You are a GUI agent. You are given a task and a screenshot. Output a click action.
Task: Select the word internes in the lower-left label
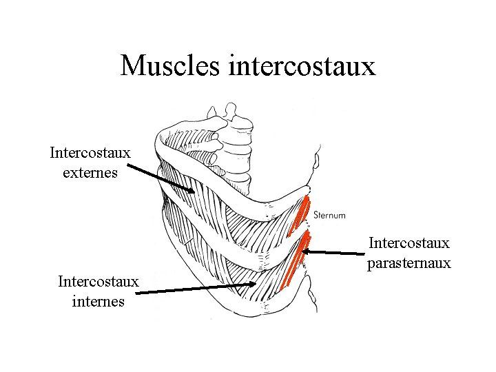tap(98, 301)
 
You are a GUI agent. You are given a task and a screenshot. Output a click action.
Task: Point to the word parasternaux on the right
tap(409, 262)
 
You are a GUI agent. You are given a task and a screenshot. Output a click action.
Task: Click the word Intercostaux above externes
tap(90, 152)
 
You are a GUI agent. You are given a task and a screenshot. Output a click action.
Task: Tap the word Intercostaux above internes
tap(99, 282)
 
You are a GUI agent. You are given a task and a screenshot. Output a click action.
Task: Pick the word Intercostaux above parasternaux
tap(409, 243)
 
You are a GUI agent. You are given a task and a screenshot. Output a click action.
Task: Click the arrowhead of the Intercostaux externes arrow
tap(192, 190)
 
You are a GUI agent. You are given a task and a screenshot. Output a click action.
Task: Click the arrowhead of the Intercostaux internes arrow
tap(253, 283)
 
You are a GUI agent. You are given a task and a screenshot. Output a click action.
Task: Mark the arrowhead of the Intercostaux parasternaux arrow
tap(306, 251)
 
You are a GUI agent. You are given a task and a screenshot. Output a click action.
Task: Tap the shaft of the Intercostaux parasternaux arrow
tap(338, 253)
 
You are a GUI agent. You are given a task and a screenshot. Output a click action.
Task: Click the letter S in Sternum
tap(316, 216)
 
